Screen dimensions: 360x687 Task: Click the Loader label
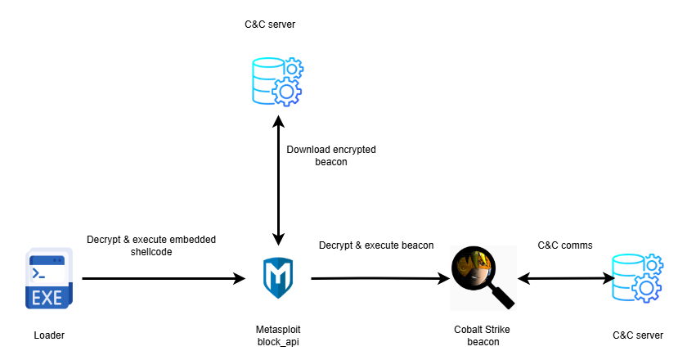(x=49, y=335)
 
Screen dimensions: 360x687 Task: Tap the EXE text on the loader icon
(x=47, y=297)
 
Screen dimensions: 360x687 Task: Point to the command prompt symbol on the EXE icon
(x=38, y=272)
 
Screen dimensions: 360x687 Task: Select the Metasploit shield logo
(x=278, y=277)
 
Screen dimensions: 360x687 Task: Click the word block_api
(x=278, y=341)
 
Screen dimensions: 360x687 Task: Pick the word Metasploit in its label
(x=278, y=328)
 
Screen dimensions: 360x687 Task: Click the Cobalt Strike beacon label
(x=483, y=335)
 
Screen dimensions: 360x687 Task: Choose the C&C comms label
(x=565, y=245)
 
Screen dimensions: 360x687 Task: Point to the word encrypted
(x=352, y=150)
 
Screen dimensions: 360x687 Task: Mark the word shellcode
(x=151, y=252)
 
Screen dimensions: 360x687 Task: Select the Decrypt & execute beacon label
(x=375, y=245)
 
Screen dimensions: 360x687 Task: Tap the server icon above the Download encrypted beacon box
(x=276, y=80)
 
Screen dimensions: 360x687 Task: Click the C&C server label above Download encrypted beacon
(x=270, y=25)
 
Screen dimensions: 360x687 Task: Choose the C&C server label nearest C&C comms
(x=637, y=335)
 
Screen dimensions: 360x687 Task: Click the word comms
(x=577, y=245)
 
